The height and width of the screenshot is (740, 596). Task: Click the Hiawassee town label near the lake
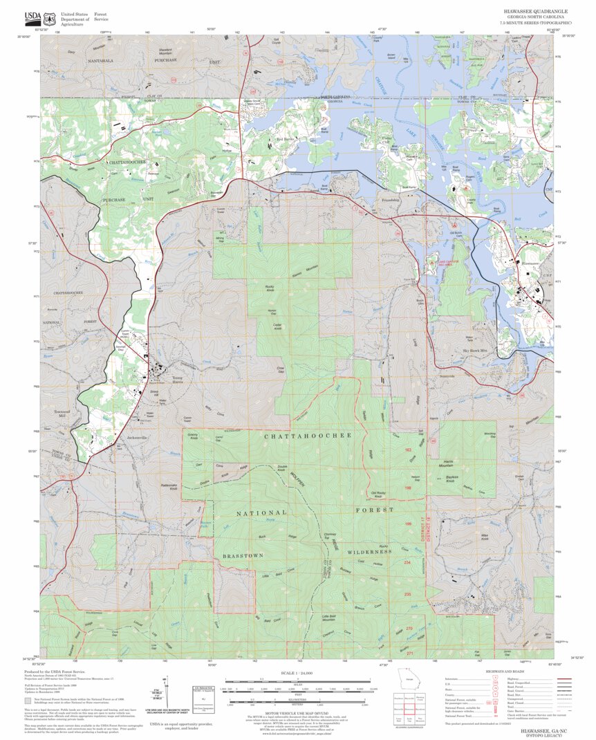point(530,263)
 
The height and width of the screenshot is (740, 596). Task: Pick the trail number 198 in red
point(408,488)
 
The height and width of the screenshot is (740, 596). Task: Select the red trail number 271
point(409,653)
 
